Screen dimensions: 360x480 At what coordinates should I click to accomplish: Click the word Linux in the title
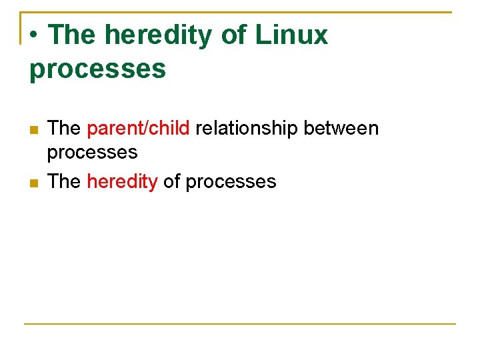click(291, 35)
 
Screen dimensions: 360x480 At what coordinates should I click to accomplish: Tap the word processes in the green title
click(97, 69)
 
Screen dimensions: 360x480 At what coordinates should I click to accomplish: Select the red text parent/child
click(138, 128)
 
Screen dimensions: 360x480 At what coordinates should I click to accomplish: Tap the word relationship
click(247, 128)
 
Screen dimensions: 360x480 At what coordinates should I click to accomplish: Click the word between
click(341, 128)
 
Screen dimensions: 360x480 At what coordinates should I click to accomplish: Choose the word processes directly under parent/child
click(92, 153)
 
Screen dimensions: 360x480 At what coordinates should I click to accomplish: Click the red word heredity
click(122, 181)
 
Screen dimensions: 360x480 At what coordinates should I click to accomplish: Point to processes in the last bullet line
click(231, 182)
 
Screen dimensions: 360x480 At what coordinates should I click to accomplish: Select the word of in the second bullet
click(171, 181)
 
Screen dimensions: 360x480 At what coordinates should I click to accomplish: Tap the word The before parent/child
click(64, 128)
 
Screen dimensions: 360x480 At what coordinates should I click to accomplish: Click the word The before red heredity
click(64, 181)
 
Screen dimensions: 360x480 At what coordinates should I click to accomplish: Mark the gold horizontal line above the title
click(267, 12)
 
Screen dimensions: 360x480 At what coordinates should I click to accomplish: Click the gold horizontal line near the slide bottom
click(240, 324)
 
